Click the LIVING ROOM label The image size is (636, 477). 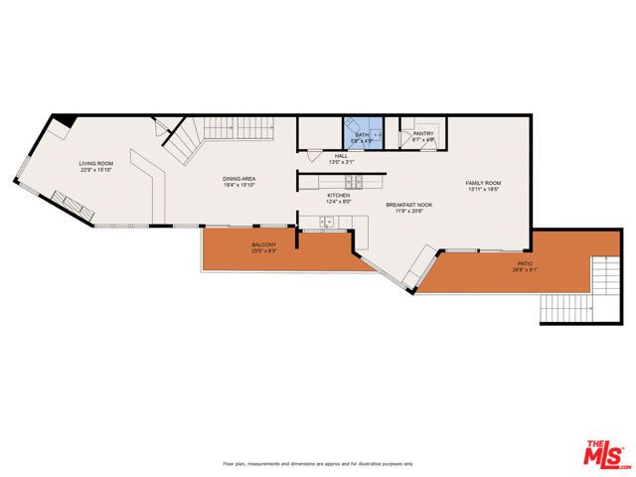point(96,163)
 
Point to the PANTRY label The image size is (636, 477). point(423,133)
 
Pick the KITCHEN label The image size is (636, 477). point(339,196)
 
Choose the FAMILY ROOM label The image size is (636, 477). point(484,184)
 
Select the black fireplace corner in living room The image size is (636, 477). point(63,121)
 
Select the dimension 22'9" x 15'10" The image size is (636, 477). point(96,169)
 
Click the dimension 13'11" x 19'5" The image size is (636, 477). point(484,190)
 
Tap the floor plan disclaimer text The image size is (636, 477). point(318,464)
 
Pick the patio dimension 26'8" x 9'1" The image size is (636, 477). point(524,269)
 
